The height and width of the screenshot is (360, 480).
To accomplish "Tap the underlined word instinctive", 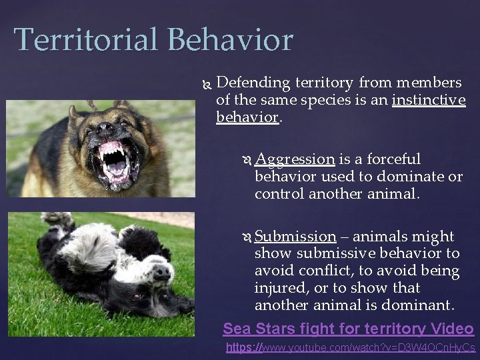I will coord(429,101).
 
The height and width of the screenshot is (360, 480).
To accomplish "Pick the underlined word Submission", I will coord(295,237).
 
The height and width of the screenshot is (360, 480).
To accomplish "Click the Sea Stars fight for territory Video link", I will coord(348,329).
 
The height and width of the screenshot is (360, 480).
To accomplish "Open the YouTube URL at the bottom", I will coord(351,348).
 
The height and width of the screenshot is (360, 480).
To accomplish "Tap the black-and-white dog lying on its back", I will coord(100,267).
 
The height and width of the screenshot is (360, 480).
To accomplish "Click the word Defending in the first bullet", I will coord(253,83).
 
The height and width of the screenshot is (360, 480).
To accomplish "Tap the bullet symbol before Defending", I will coord(205,83).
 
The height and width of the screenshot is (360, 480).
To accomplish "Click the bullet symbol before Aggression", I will coord(245,160).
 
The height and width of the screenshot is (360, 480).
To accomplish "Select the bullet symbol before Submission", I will coord(245,237).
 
